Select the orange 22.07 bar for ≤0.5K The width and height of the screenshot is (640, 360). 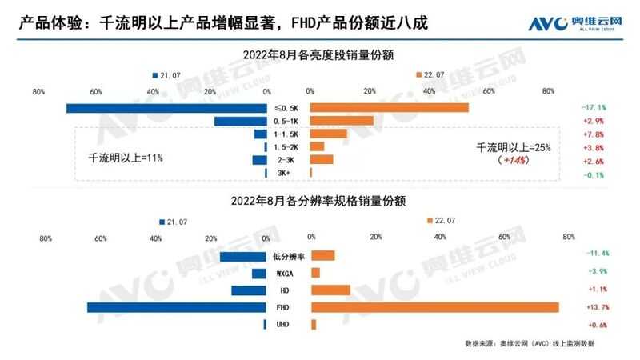(x=389, y=108)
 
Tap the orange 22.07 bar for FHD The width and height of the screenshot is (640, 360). (x=434, y=307)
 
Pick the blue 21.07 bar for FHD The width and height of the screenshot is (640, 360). (x=176, y=307)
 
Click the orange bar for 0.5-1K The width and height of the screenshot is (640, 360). (x=342, y=121)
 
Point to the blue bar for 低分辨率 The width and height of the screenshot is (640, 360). (x=242, y=256)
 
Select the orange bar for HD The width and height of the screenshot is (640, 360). (x=330, y=290)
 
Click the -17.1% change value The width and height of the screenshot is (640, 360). (x=593, y=107)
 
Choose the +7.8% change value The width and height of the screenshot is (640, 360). (x=593, y=134)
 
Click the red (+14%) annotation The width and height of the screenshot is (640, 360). (x=514, y=161)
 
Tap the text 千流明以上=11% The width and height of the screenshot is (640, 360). (x=126, y=158)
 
